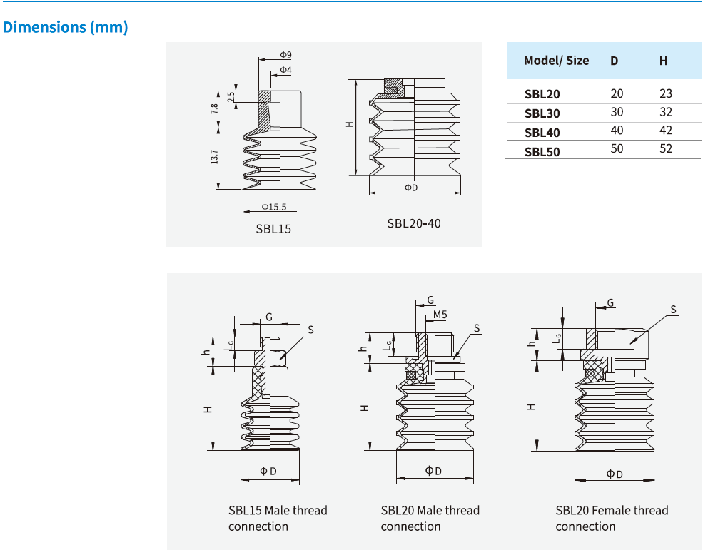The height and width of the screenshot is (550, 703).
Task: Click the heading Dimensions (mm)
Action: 66,28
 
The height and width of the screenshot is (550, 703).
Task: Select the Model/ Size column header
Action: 556,61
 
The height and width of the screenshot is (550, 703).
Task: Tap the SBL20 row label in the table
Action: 542,94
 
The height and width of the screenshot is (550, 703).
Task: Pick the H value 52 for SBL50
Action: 665,149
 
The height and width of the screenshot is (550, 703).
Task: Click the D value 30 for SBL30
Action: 617,112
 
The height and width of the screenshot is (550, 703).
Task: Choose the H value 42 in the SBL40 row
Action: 665,131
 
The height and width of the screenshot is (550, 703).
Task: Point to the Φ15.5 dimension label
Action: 273,208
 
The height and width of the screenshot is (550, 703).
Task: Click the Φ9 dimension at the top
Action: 285,55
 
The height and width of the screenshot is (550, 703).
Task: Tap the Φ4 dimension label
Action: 285,70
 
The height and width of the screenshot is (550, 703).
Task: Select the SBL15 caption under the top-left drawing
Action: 273,230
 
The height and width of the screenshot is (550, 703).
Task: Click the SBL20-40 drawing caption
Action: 414,223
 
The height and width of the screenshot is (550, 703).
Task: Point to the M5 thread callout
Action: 440,315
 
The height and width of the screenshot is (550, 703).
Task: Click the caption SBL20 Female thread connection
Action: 612,519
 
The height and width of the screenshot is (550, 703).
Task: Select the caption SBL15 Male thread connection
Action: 278,519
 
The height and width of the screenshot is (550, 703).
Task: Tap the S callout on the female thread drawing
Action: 673,310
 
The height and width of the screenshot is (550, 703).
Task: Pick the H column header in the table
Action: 663,61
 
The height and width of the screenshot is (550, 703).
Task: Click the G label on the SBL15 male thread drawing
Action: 269,316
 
